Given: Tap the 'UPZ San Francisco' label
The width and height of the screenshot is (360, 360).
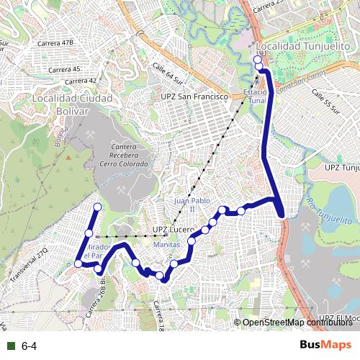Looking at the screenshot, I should point(194,96).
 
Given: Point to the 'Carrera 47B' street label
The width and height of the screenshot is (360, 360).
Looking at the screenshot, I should point(58,43).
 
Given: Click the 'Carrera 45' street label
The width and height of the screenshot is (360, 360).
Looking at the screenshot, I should point(64,69).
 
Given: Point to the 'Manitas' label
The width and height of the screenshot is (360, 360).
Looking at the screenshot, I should point(167,245).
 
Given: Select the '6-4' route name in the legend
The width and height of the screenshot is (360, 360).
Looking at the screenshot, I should point(30,347).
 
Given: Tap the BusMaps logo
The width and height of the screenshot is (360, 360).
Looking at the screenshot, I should point(325,346).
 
